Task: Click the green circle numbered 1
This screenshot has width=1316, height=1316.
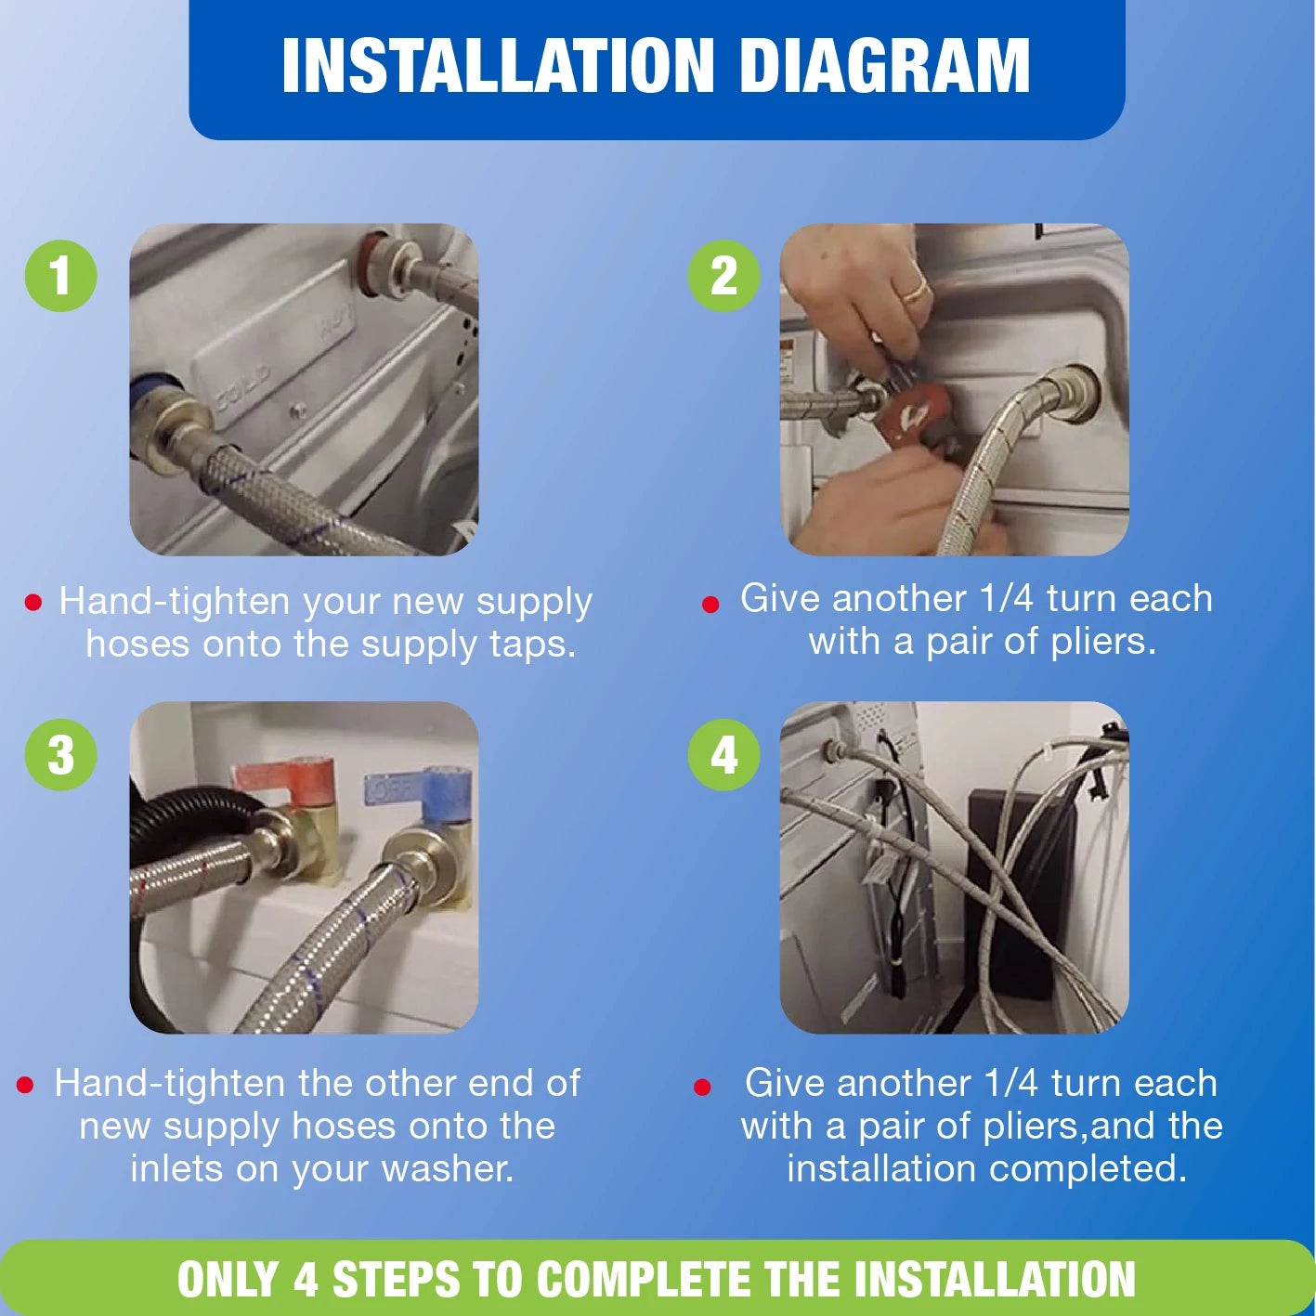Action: (60, 276)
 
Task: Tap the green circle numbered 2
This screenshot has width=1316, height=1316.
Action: (723, 276)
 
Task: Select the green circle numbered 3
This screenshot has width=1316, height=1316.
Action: (60, 755)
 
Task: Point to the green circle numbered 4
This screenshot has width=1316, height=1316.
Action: (723, 755)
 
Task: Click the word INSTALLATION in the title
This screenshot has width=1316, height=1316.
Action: (498, 65)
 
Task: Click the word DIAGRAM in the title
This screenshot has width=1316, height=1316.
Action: (884, 65)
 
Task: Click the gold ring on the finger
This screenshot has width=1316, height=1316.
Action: (914, 293)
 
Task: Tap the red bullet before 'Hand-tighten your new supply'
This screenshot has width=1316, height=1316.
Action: (33, 602)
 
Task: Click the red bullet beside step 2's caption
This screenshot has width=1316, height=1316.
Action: (710, 605)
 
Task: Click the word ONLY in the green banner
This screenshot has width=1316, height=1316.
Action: (228, 1279)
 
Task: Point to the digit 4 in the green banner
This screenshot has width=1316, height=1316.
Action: (306, 1279)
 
